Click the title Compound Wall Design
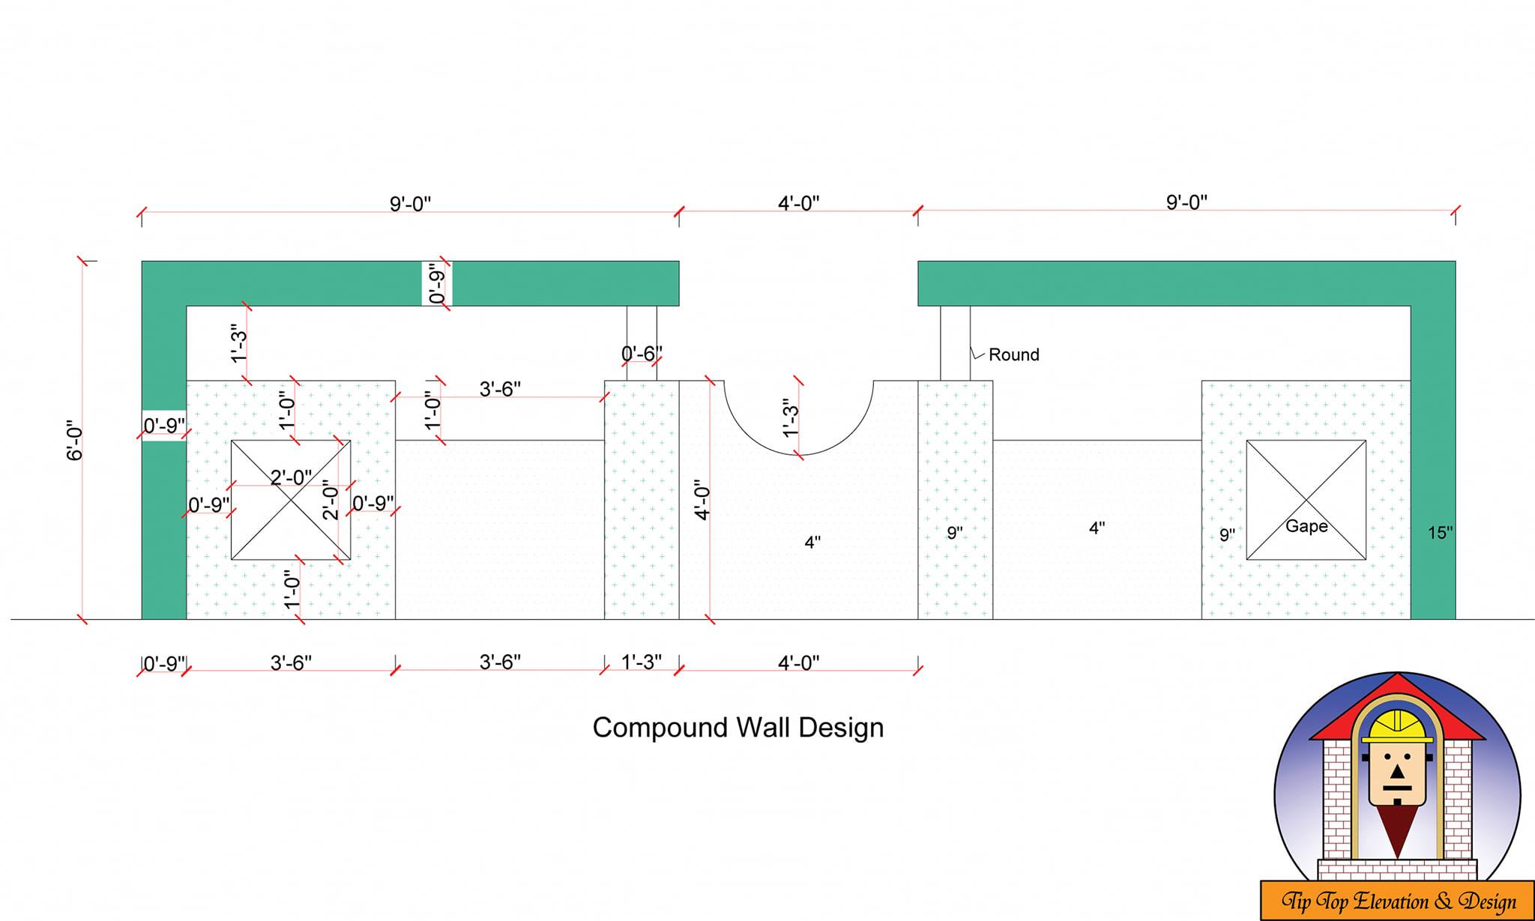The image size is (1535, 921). coord(738,728)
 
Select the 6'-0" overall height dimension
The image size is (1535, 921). coord(75,440)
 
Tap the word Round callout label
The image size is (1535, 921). coord(1014,354)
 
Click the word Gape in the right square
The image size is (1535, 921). coord(1306,526)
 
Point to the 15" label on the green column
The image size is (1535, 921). coord(1440,533)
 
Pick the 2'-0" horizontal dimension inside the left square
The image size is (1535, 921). coord(292,477)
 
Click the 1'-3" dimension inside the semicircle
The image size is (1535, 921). coord(791,418)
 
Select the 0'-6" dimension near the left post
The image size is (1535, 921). coord(642,353)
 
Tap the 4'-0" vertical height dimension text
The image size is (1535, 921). coord(702,501)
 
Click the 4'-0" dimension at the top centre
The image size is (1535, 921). coord(799,203)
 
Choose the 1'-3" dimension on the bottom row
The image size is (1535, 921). coord(642,662)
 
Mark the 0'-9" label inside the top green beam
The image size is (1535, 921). coord(437,283)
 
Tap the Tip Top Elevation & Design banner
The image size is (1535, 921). coord(1398,901)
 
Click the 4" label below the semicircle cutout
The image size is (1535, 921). coord(812,542)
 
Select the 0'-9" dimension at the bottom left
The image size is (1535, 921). coord(164,664)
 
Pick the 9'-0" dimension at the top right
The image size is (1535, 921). coord(1186,202)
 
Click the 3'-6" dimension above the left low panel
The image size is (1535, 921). coord(500,389)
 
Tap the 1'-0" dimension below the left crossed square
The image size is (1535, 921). coord(292,589)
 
